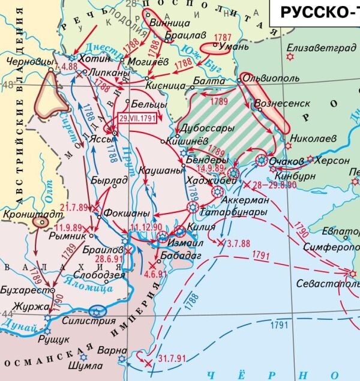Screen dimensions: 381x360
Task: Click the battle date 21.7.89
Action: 74,208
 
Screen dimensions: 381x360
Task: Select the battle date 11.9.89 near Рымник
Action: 69,228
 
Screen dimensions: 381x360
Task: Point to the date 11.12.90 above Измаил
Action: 145,227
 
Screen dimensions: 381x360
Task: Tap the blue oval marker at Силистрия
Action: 97,311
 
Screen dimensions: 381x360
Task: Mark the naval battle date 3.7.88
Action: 238,243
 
